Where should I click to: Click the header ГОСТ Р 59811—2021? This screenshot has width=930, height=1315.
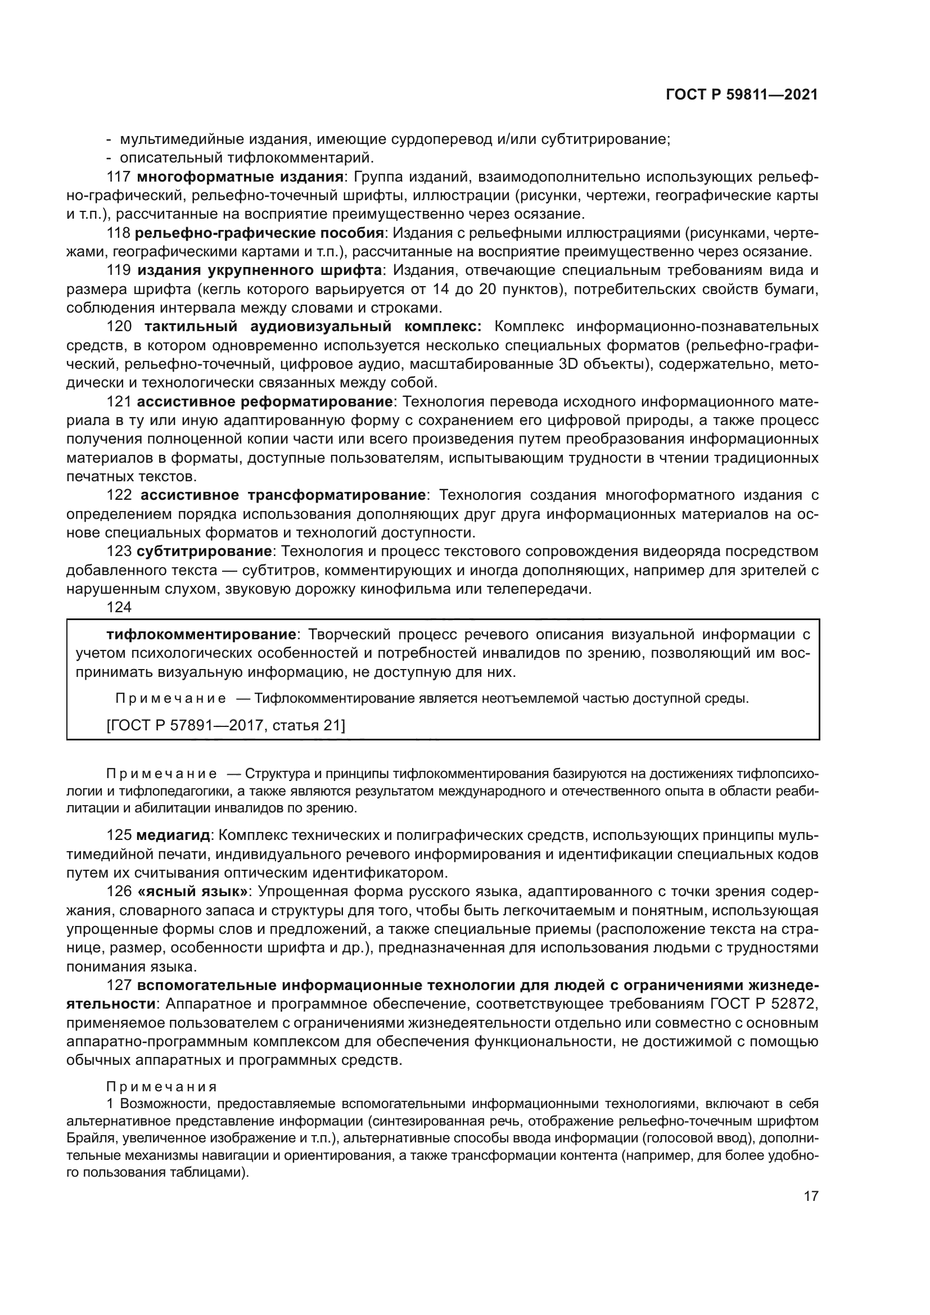[742, 95]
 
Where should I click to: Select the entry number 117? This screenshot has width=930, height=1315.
[119, 177]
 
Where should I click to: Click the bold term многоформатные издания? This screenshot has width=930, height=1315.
[240, 177]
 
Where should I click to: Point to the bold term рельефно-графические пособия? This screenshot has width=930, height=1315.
[259, 233]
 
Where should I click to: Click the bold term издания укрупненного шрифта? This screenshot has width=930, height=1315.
[259, 270]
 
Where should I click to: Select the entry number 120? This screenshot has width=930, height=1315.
[119, 327]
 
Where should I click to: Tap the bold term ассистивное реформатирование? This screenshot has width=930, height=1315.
[265, 402]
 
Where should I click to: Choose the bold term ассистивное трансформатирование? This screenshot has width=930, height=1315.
[282, 495]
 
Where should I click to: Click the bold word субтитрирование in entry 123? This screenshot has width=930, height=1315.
[204, 552]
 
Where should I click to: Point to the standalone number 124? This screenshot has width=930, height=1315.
[119, 607]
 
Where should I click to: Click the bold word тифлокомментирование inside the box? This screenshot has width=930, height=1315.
[201, 635]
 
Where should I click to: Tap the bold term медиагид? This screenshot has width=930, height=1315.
[173, 835]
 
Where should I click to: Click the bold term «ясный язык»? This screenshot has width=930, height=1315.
[192, 892]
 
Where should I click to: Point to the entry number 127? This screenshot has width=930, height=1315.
[119, 986]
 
